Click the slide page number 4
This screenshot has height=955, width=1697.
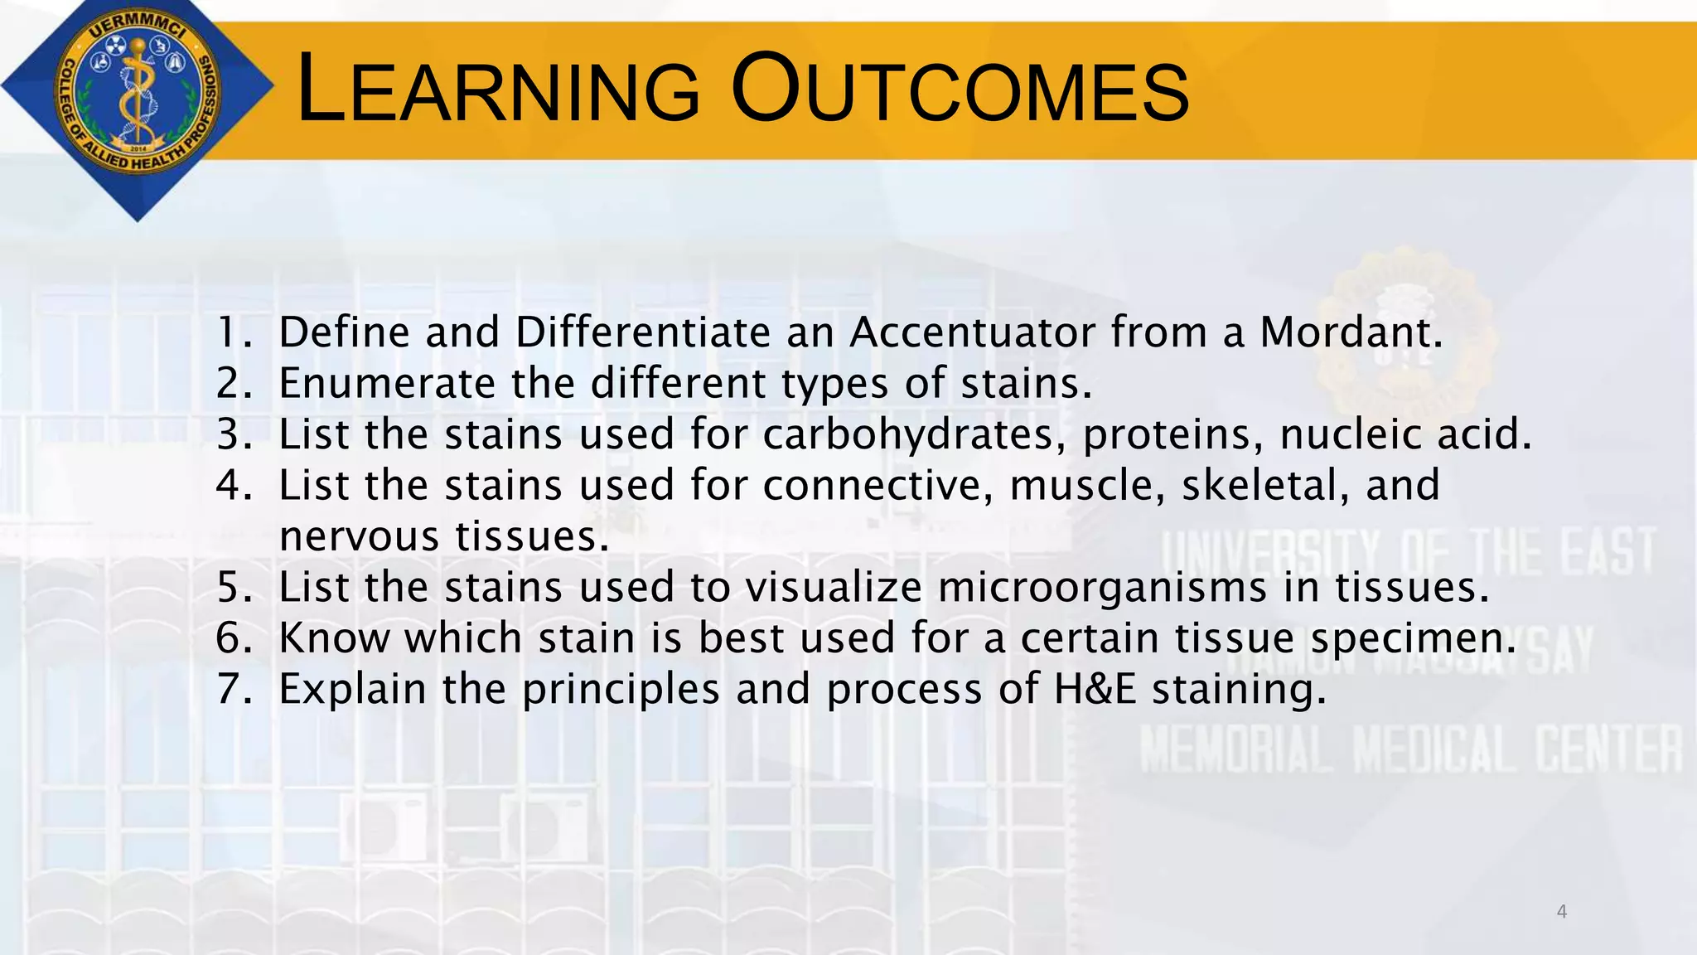pyautogui.click(x=1561, y=912)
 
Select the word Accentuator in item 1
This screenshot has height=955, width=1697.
pyautogui.click(x=972, y=332)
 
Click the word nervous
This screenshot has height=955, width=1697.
pyautogui.click(x=360, y=537)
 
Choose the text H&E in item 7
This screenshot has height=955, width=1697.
pyautogui.click(x=1095, y=690)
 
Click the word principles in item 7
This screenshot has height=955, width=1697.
pyautogui.click(x=621, y=690)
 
